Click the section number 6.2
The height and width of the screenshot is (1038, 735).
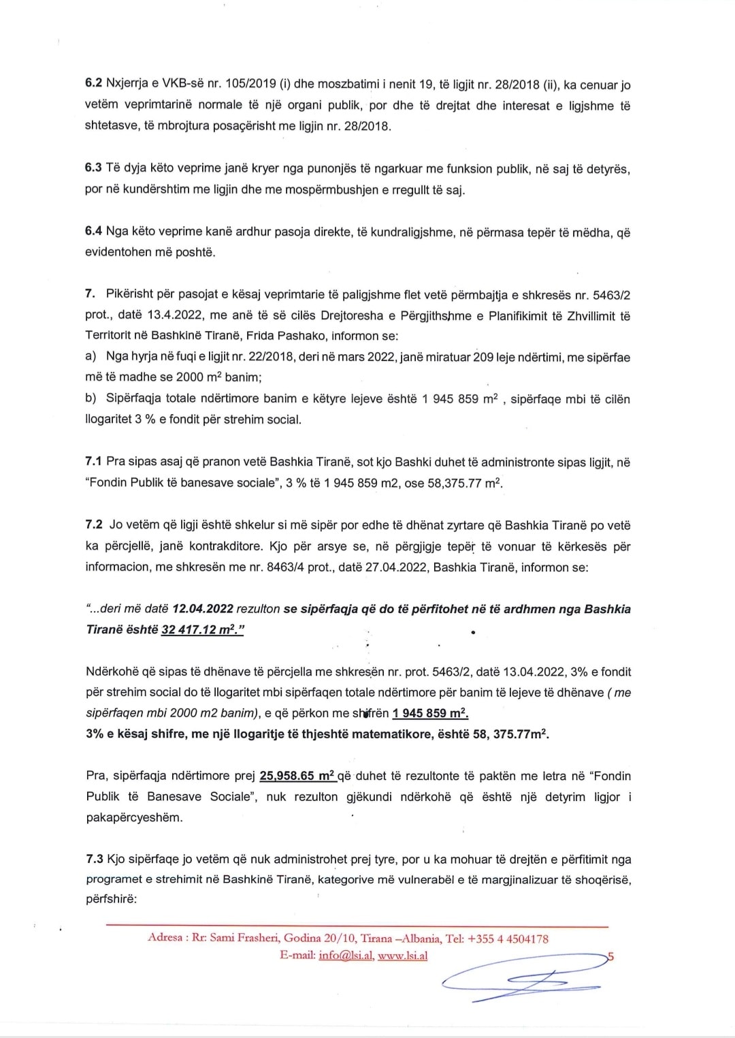tap(93, 85)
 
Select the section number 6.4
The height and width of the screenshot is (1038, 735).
tap(93, 232)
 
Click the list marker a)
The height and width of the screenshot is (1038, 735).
tap(91, 357)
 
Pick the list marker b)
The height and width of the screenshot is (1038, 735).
tap(91, 398)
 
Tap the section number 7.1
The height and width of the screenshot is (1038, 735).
tap(94, 462)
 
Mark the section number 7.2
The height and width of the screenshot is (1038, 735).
tap(94, 525)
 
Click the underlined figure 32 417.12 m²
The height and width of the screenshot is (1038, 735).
tap(202, 629)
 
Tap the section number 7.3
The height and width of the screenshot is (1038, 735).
tap(94, 860)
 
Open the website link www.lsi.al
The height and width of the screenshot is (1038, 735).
tap(403, 956)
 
